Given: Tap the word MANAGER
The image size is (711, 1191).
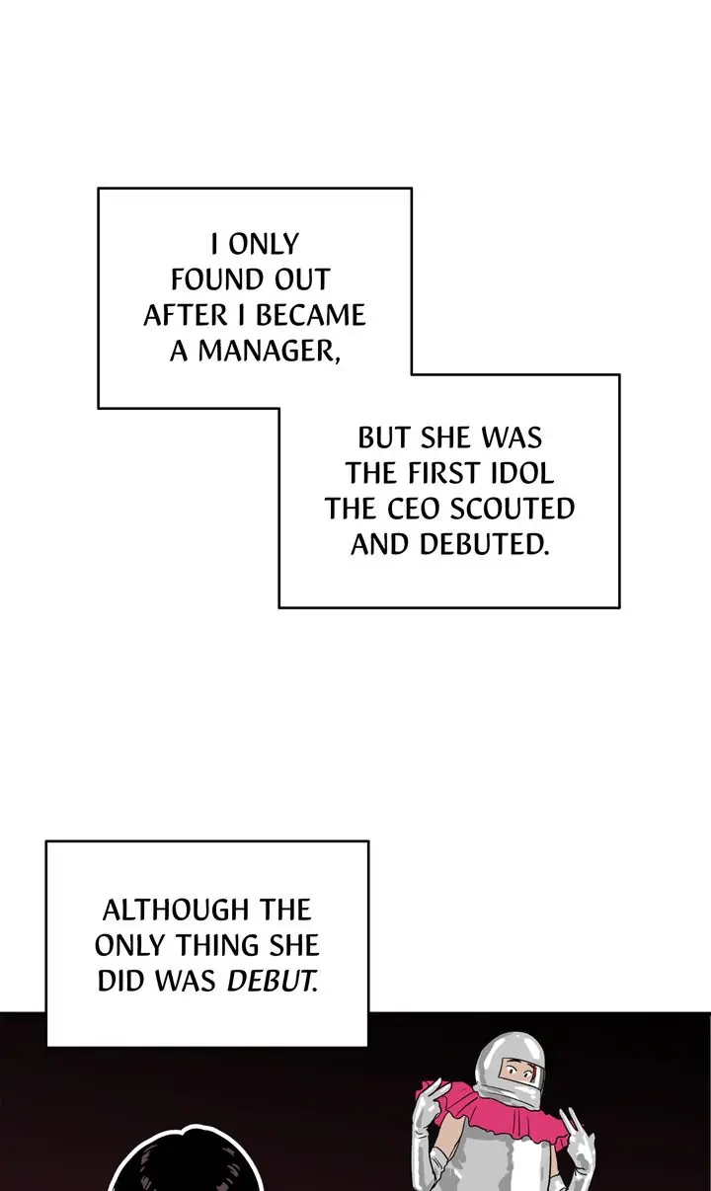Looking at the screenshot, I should [x=264, y=352].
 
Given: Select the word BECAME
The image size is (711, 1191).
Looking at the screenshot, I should [x=311, y=316].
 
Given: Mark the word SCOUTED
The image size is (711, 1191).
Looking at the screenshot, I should [x=513, y=509].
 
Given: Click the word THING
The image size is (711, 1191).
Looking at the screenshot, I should [x=217, y=945].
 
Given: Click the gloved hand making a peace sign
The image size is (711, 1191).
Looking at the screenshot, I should [x=577, y=1136].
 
